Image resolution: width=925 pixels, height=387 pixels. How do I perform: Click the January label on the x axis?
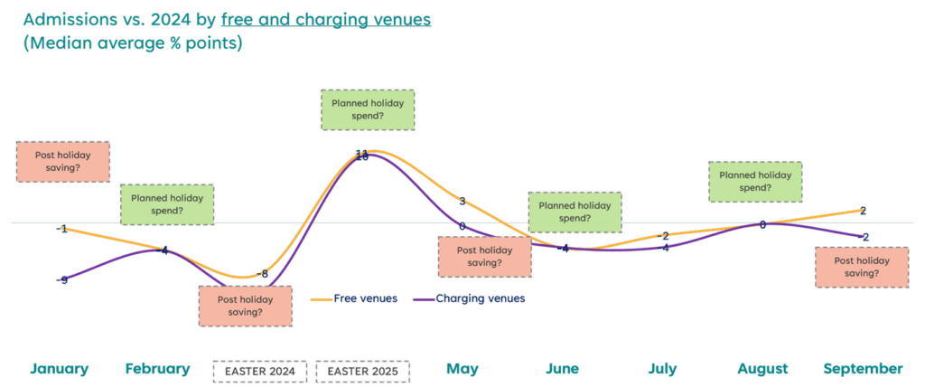point(60,369)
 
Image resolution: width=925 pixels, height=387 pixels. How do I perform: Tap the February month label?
point(158,369)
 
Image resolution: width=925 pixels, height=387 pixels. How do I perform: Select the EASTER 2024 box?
point(260,371)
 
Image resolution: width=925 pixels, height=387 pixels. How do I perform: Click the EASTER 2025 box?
point(362,371)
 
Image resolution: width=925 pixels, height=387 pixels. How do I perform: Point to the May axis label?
point(462,369)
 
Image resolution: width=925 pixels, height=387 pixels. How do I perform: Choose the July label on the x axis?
point(664,369)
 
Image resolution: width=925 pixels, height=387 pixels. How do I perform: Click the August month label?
point(762,369)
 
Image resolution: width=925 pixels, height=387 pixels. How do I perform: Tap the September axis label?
point(863,369)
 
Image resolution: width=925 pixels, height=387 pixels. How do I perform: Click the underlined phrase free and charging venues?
point(326,19)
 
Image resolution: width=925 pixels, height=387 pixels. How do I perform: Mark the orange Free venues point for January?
point(62,229)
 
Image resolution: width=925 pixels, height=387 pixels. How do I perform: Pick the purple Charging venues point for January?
point(62,280)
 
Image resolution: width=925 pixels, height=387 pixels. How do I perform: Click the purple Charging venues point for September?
point(864,237)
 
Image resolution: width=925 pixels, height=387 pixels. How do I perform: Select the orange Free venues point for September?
point(864,210)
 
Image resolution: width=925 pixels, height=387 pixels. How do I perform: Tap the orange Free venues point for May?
point(462,202)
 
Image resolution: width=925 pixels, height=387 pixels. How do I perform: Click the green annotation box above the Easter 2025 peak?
point(368,109)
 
